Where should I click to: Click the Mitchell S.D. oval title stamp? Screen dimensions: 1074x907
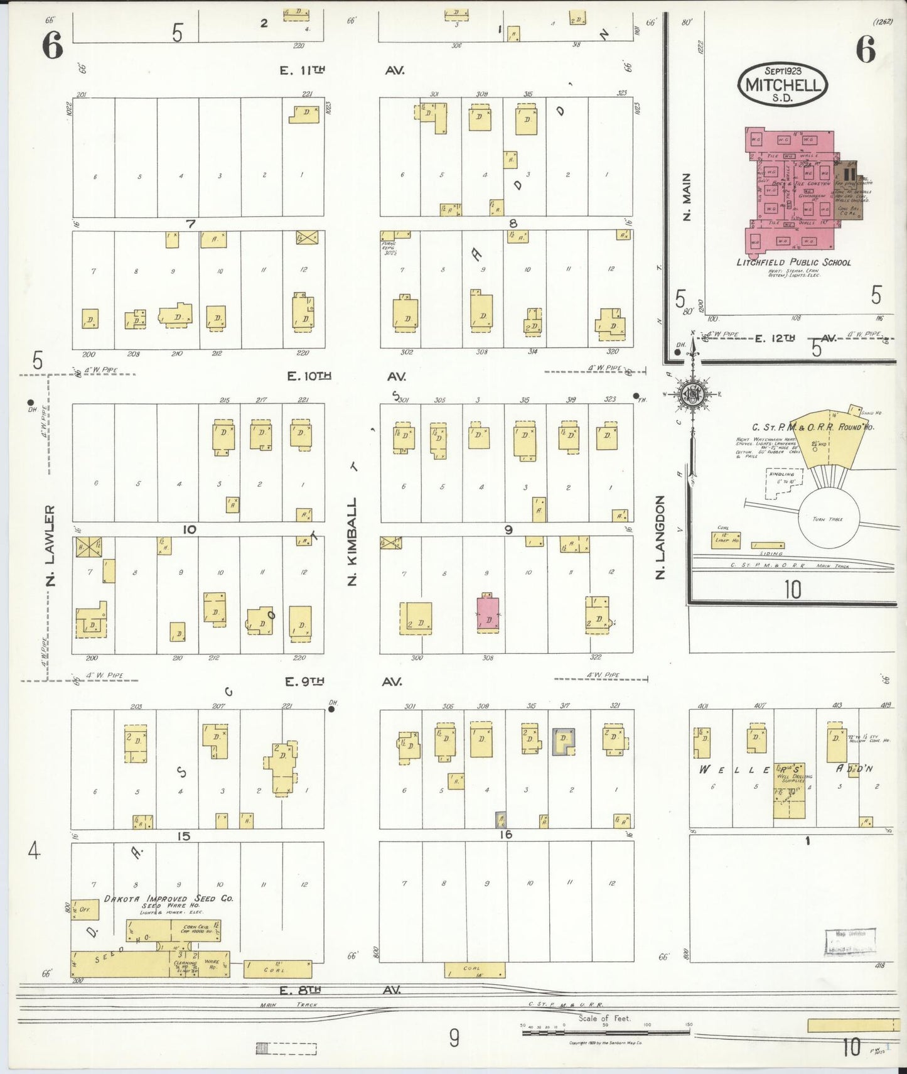[782, 84]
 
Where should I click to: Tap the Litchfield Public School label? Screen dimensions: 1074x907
[793, 262]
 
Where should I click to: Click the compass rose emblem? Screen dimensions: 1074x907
[693, 394]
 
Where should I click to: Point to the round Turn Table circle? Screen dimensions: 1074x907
[828, 519]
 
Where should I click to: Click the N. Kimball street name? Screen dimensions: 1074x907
[352, 541]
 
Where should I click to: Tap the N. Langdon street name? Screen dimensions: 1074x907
[660, 537]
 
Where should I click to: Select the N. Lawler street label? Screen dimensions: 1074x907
[50, 545]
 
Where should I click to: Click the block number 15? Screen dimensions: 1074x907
[183, 836]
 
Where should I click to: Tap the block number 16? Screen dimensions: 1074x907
[505, 835]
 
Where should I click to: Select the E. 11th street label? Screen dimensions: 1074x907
[302, 70]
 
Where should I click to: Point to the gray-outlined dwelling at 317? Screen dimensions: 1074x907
[564, 742]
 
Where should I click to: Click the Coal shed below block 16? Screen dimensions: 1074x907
[475, 970]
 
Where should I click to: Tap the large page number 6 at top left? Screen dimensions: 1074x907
[53, 45]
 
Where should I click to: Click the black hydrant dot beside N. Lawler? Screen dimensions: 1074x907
[30, 403]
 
